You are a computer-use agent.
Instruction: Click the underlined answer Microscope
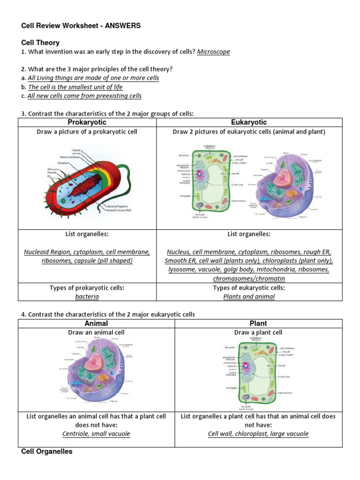[x=213, y=52]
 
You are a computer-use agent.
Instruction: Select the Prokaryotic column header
[x=88, y=122]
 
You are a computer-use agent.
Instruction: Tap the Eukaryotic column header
[x=249, y=122]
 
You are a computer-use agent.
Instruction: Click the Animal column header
[x=96, y=323]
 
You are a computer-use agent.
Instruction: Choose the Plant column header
[x=258, y=323]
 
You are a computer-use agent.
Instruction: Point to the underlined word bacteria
[x=87, y=297]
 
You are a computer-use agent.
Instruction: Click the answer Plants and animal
[x=249, y=297]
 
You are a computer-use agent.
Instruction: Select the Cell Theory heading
[x=40, y=43]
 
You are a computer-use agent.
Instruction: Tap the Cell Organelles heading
[x=47, y=452]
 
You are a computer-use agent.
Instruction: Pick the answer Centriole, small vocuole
[x=96, y=434]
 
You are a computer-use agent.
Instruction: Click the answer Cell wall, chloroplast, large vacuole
[x=258, y=434]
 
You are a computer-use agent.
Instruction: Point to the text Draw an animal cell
[x=96, y=332]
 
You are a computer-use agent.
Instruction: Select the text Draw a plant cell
[x=258, y=332]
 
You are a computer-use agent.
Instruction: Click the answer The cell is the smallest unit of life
[x=75, y=87]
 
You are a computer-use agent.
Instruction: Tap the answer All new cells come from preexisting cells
[x=84, y=96]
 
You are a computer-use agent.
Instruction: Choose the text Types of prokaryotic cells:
[x=87, y=288]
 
